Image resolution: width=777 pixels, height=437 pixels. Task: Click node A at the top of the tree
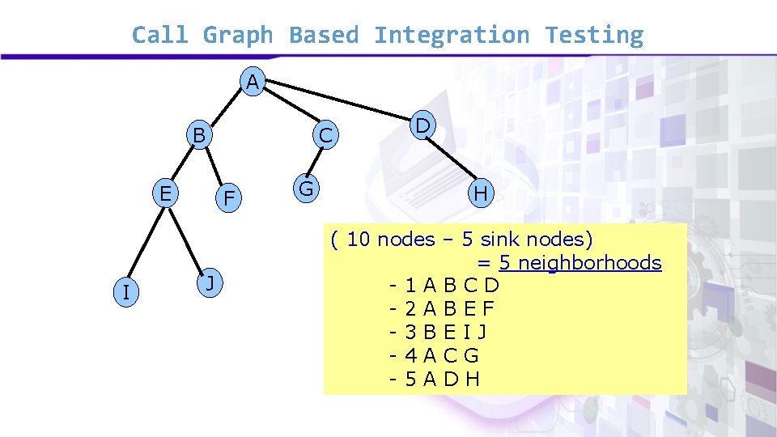253,82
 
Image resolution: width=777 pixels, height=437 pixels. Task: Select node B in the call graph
198,134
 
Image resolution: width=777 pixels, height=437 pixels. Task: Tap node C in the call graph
325,137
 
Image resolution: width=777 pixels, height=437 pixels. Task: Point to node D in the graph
422,126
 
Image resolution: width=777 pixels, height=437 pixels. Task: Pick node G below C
306,189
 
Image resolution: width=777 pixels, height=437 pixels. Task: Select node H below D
481,194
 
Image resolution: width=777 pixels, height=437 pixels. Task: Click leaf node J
210,283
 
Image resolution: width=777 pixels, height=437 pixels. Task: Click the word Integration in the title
451,36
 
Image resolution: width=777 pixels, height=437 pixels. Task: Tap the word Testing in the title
594,36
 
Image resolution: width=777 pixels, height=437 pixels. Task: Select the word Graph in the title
237,36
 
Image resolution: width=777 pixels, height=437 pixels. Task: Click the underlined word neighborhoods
589,263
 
